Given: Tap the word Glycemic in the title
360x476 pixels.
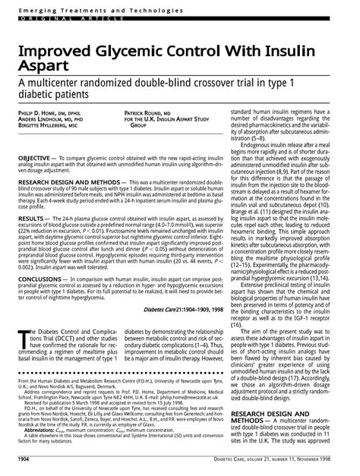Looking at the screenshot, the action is click(x=137, y=49).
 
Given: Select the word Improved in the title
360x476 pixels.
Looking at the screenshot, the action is click(x=54, y=49).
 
